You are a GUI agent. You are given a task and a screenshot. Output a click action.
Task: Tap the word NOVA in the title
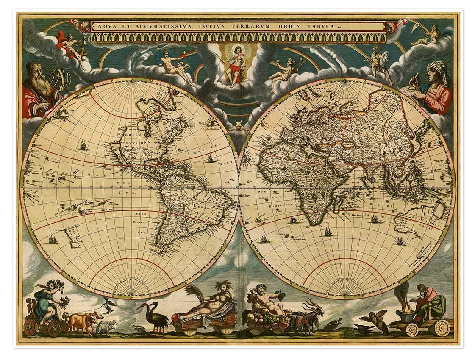[105, 26]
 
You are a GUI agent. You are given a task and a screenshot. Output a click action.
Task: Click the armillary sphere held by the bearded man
[60, 78]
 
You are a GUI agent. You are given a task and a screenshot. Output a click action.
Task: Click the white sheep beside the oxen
[106, 327]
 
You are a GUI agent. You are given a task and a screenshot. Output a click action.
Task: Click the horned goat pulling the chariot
[307, 318]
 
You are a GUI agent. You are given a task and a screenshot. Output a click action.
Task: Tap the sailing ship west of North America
[83, 146]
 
